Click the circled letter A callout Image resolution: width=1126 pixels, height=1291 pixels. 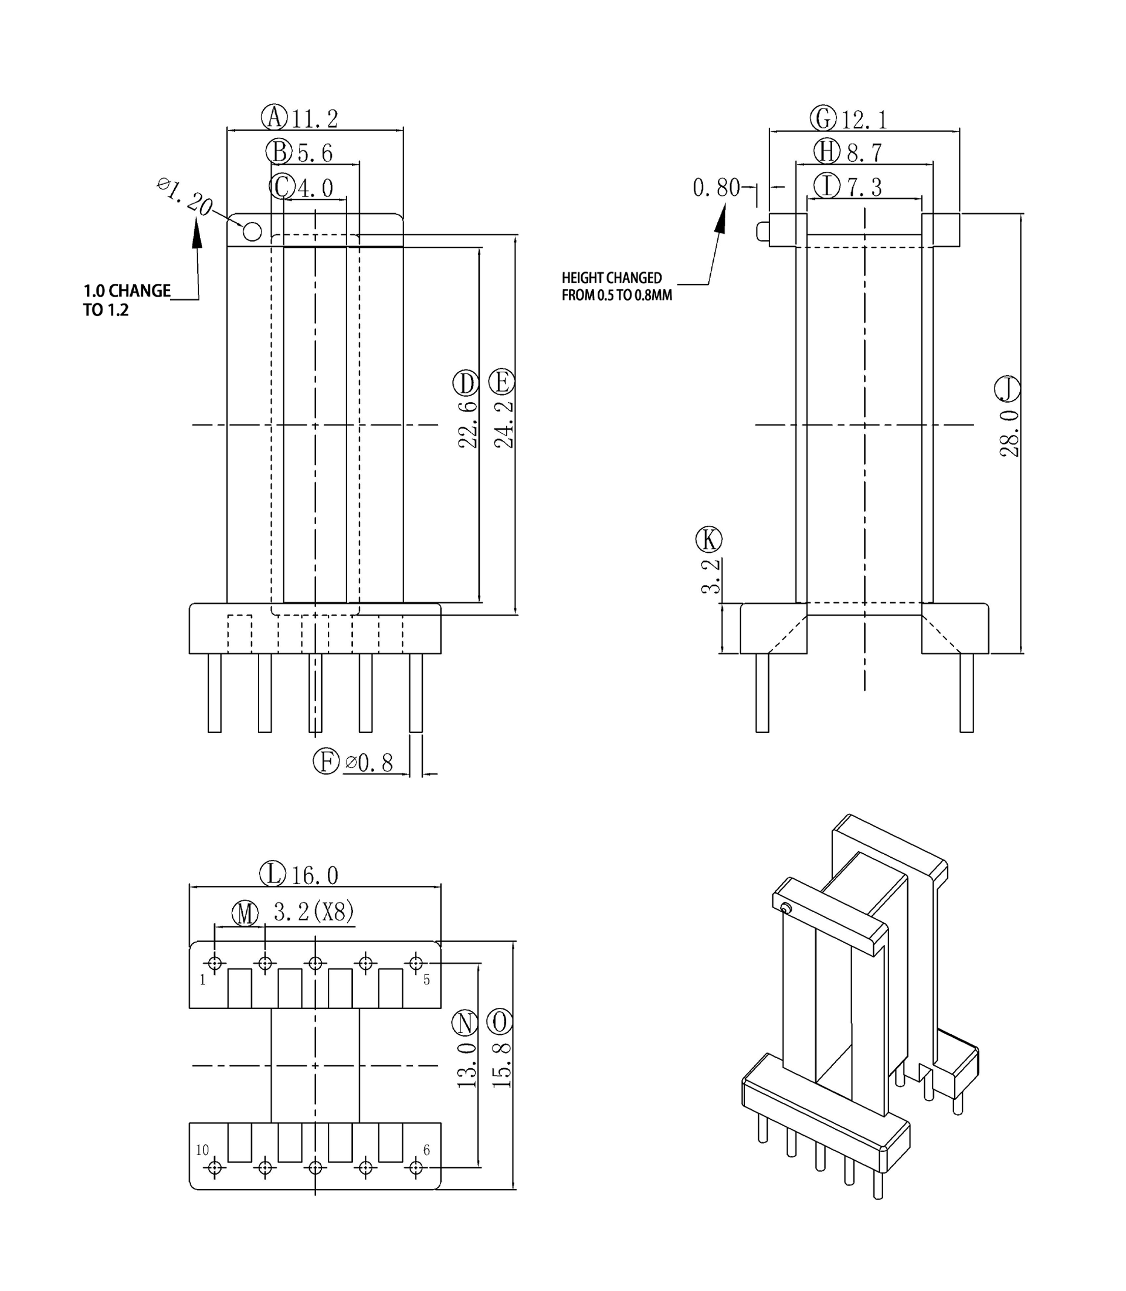(x=274, y=117)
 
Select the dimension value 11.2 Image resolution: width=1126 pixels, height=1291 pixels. (x=314, y=119)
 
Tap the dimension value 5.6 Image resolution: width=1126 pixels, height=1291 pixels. (x=315, y=152)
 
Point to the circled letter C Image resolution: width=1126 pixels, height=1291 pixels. (x=282, y=186)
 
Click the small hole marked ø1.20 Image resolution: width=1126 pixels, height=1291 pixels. (x=252, y=232)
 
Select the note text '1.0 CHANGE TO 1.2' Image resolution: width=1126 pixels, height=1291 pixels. (x=126, y=300)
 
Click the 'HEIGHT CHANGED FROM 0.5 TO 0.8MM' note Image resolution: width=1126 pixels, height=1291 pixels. (x=616, y=287)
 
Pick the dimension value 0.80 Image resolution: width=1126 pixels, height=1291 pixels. (x=715, y=187)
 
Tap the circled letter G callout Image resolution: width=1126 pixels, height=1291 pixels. (x=823, y=118)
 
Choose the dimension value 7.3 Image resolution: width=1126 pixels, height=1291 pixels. (x=864, y=186)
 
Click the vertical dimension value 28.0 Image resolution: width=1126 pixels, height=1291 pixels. (x=1009, y=433)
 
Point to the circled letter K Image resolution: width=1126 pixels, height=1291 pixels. (x=709, y=539)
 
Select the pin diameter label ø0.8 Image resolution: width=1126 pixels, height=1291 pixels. (x=369, y=763)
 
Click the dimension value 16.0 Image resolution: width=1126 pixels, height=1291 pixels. (x=314, y=875)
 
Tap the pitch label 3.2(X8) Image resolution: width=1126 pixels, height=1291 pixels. (x=314, y=912)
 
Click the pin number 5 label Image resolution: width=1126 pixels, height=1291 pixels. (x=427, y=980)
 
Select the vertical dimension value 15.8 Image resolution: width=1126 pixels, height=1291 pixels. (x=501, y=1065)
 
